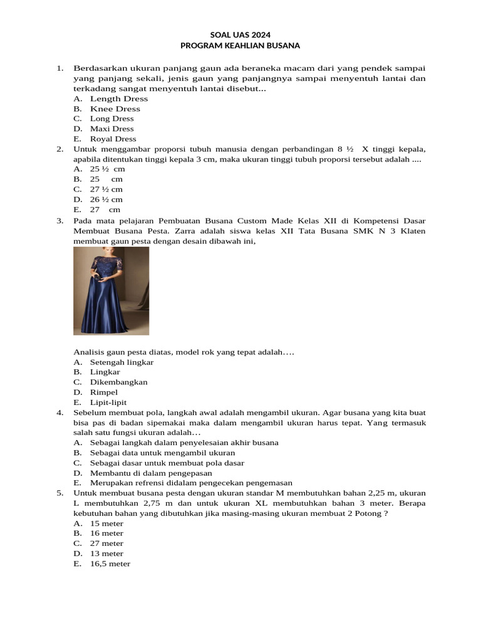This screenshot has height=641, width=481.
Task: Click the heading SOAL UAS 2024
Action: pyautogui.click(x=240, y=35)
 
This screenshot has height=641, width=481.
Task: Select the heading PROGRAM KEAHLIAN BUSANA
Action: pyautogui.click(x=240, y=46)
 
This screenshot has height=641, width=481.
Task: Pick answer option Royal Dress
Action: pyautogui.click(x=113, y=139)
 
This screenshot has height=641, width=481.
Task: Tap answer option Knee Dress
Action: pyautogui.click(x=115, y=109)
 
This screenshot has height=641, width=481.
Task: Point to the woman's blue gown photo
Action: pyautogui.click(x=111, y=290)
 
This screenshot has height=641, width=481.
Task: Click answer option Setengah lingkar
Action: pyautogui.click(x=122, y=362)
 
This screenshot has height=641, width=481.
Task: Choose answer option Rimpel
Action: pyautogui.click(x=103, y=392)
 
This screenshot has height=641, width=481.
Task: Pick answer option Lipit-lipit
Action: pyautogui.click(x=108, y=403)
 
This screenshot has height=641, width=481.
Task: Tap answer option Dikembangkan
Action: pyautogui.click(x=118, y=382)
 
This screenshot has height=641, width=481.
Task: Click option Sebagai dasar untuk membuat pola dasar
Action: pyautogui.click(x=167, y=463)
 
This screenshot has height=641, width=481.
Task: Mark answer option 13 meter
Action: pyautogui.click(x=106, y=553)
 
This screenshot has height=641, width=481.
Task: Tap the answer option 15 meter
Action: pyautogui.click(x=106, y=523)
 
